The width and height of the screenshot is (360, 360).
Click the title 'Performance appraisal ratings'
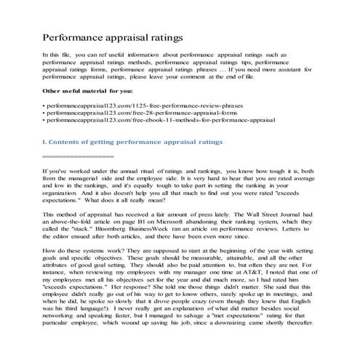(112, 36)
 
